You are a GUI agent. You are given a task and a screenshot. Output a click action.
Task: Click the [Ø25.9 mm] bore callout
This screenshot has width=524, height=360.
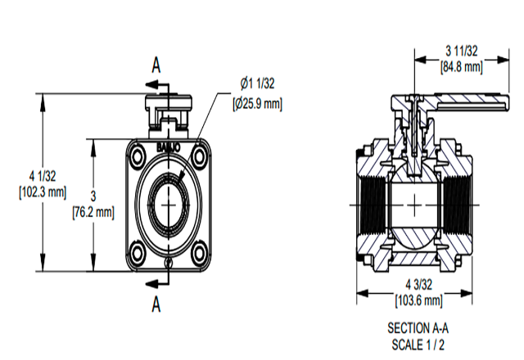point(256,104)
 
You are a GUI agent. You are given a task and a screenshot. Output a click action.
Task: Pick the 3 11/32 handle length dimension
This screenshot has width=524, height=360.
point(462,51)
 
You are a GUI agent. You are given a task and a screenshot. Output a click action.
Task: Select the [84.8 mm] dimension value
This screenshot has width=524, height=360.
point(462,66)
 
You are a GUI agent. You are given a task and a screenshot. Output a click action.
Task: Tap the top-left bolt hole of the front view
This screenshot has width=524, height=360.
point(137,155)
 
